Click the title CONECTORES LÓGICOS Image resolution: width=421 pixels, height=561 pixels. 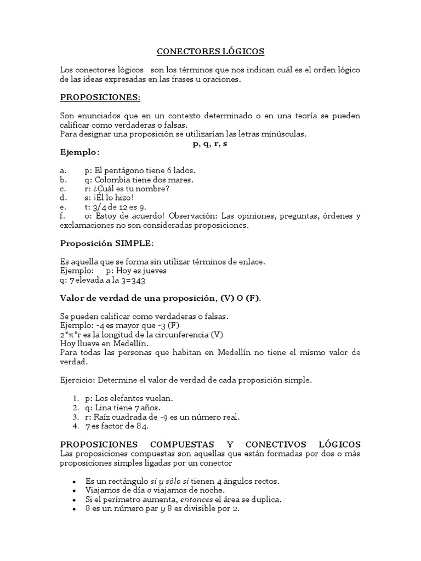pos(210,51)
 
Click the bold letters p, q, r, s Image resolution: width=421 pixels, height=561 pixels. pos(210,143)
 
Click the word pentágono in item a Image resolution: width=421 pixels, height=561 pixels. pos(126,170)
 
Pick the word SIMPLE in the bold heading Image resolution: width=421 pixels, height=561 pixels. pos(132,243)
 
